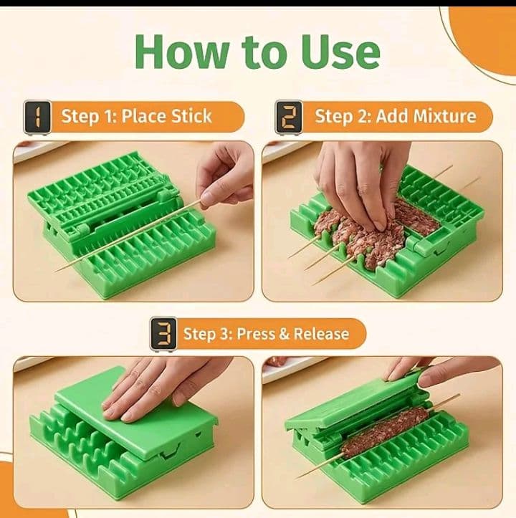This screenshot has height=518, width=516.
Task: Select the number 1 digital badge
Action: click(x=37, y=117)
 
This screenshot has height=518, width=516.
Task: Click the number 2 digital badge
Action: click(x=289, y=117)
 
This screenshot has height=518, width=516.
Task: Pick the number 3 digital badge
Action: click(x=163, y=334)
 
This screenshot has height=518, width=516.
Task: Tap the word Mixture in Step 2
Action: click(x=444, y=116)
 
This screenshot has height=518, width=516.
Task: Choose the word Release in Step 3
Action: click(x=321, y=334)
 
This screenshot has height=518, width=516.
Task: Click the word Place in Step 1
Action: click(x=143, y=117)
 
